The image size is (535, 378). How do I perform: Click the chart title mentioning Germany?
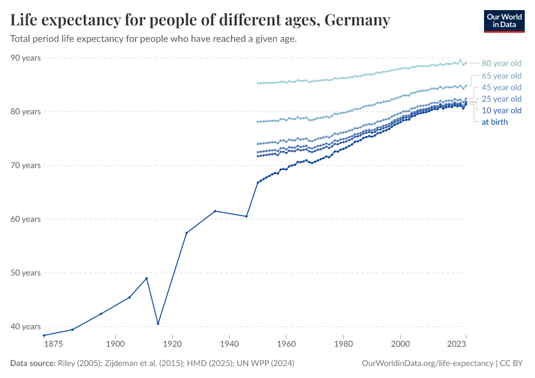(x=200, y=20)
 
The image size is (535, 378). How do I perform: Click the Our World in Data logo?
(x=504, y=21)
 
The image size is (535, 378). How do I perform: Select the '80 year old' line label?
(x=501, y=63)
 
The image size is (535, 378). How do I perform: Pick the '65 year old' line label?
(x=501, y=76)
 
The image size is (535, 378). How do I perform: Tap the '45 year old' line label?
(x=501, y=88)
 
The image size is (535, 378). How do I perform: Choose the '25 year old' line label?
(x=501, y=99)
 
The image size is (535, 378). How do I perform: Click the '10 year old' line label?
(x=501, y=110)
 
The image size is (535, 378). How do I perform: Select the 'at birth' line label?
(x=494, y=122)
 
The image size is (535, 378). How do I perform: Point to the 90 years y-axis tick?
(x=25, y=58)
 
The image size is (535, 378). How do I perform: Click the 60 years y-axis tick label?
(x=25, y=219)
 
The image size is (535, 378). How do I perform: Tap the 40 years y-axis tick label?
(x=25, y=326)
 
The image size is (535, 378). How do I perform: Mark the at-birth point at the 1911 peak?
(x=147, y=278)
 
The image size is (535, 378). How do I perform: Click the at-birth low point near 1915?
(x=158, y=324)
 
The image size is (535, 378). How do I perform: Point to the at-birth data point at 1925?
(x=186, y=233)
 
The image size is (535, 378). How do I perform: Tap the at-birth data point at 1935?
(x=215, y=211)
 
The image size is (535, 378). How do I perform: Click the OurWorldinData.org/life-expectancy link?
(x=428, y=364)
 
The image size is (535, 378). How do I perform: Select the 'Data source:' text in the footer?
(x=33, y=364)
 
